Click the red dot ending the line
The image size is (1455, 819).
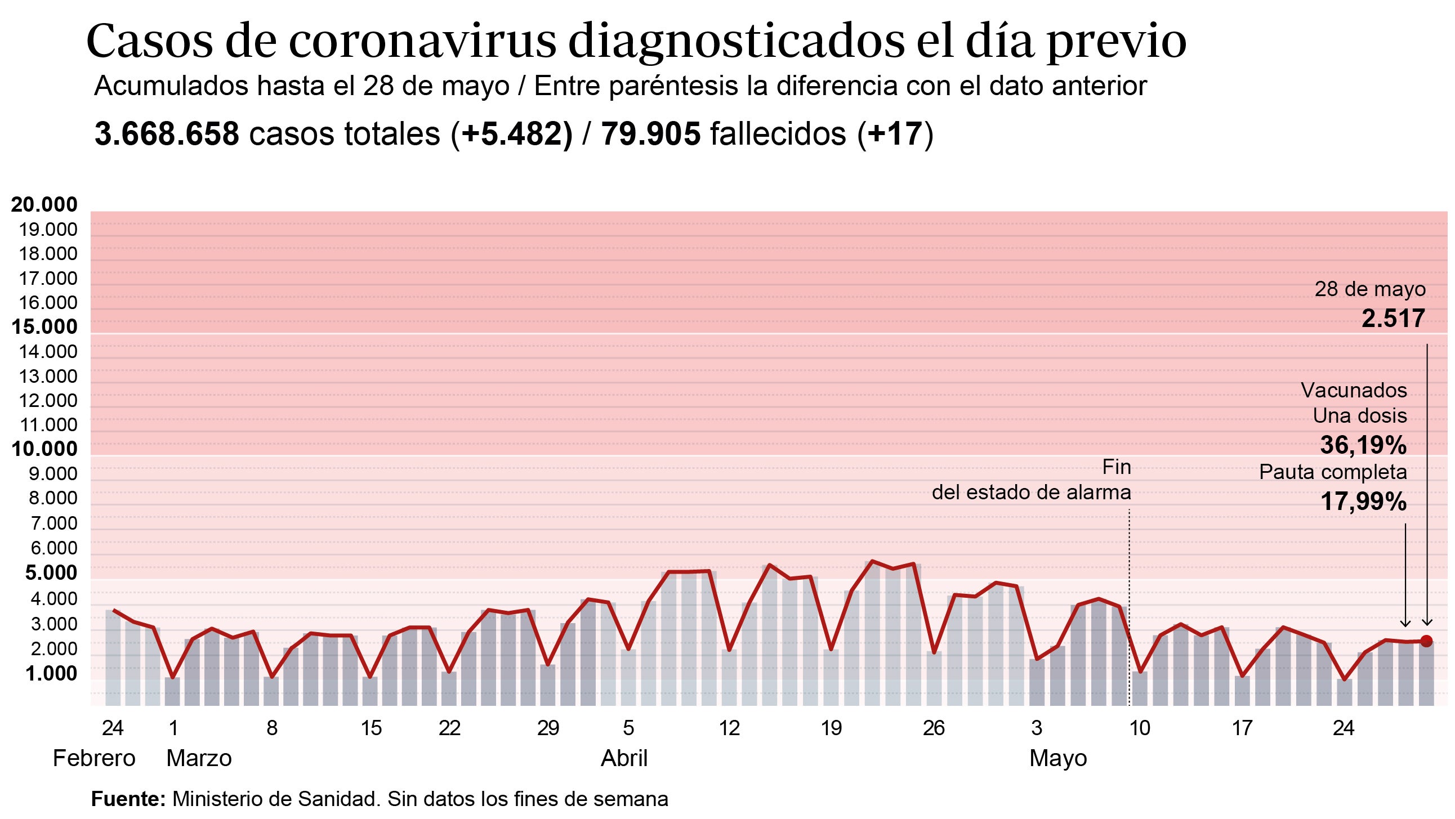[x=1426, y=641]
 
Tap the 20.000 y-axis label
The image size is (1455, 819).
[x=44, y=204]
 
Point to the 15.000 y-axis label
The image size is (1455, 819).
[x=44, y=326]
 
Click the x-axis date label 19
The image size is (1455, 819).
[x=831, y=728]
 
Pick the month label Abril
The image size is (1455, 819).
[x=623, y=758]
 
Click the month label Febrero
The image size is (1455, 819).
[x=94, y=758]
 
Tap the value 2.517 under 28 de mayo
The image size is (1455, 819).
[x=1393, y=319]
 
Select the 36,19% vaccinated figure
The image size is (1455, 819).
[x=1363, y=445]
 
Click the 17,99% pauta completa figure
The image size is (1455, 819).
[x=1363, y=502]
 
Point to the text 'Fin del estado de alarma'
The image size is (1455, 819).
[x=1031, y=480]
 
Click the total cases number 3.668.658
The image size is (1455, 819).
[x=167, y=135]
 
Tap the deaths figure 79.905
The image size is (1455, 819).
[x=650, y=135]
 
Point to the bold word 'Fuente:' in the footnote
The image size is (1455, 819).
[x=128, y=799]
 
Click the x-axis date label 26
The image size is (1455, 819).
[x=933, y=728]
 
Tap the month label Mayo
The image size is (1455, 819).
[x=1058, y=758]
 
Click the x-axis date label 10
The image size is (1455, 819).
[x=1139, y=728]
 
